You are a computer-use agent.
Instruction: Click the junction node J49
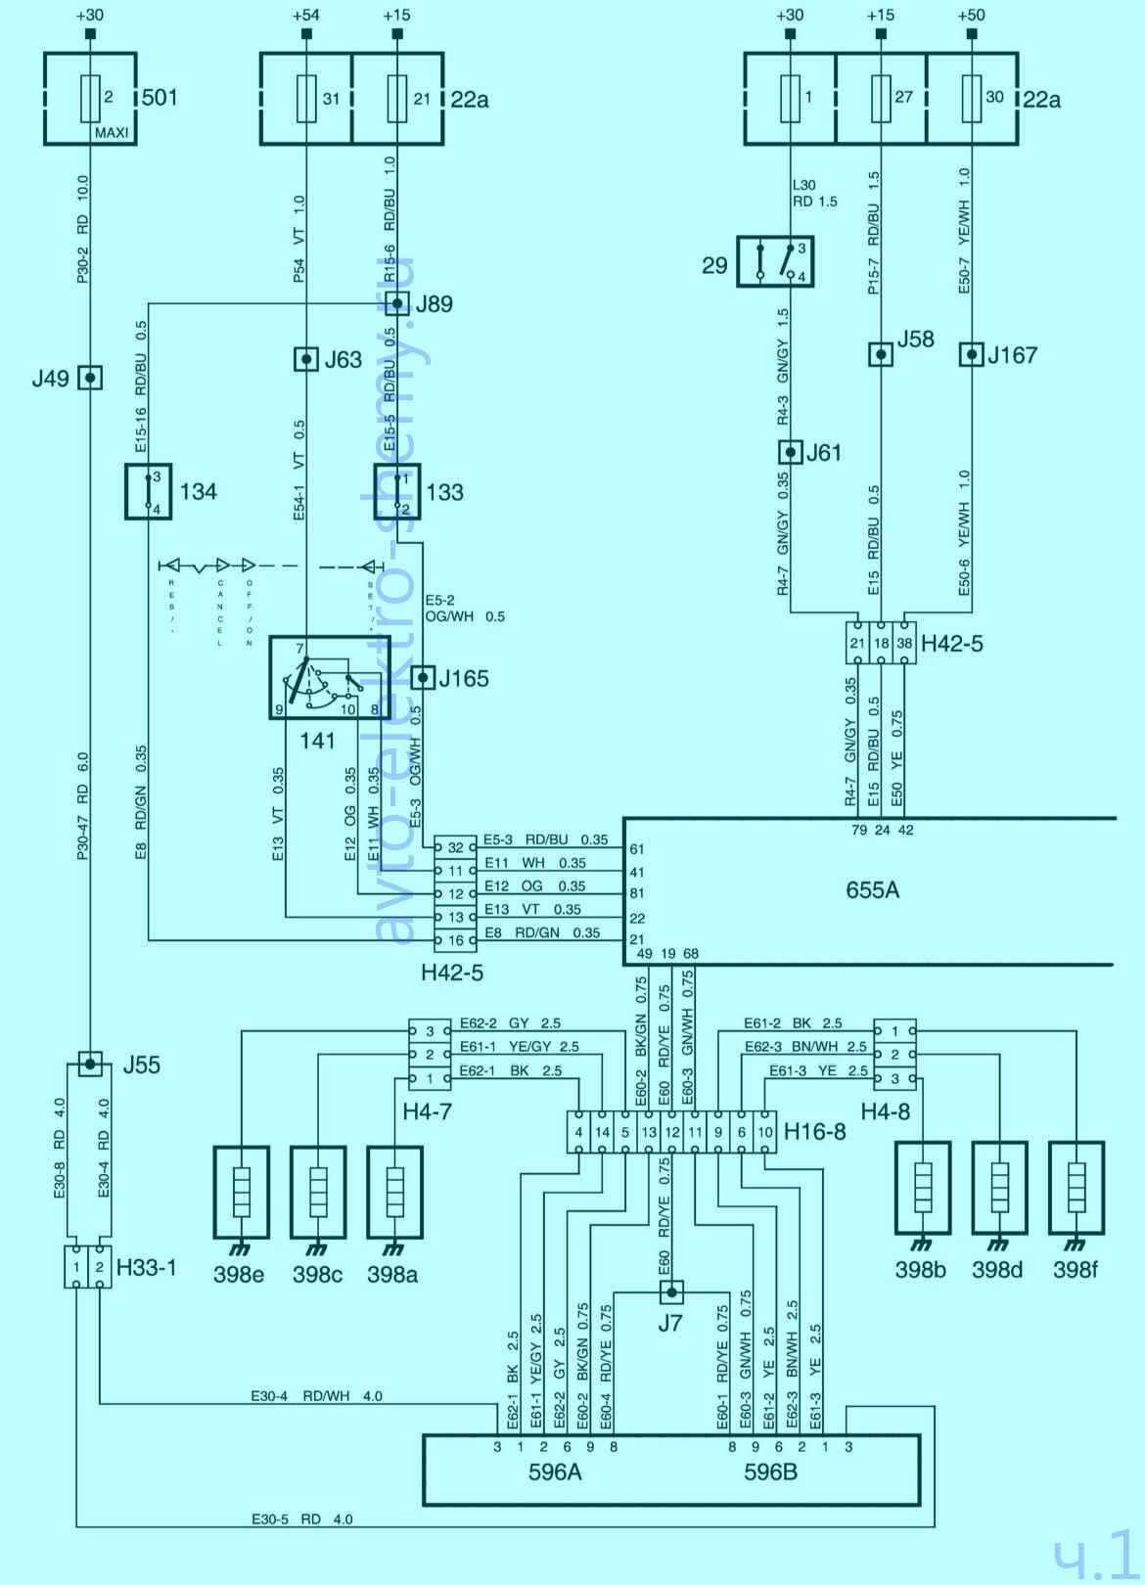click(90, 377)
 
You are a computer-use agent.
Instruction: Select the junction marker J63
click(306, 359)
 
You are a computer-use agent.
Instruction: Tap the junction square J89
click(396, 303)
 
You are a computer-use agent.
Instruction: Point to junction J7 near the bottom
click(670, 1292)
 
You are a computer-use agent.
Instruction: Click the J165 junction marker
click(423, 677)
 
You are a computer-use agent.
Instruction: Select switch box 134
click(149, 491)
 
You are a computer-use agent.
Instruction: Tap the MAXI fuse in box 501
click(90, 98)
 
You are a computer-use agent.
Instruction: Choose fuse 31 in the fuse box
click(306, 98)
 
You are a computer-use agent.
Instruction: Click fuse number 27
click(881, 98)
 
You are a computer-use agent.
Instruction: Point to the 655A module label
click(872, 890)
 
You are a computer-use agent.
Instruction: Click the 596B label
click(770, 1471)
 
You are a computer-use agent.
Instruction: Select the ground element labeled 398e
click(241, 1190)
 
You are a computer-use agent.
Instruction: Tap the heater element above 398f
click(1076, 1187)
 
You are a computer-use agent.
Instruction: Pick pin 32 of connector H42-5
click(455, 847)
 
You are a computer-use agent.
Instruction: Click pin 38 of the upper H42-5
click(904, 643)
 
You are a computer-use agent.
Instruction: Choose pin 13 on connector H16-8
click(649, 1132)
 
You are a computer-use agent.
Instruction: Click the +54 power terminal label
click(306, 15)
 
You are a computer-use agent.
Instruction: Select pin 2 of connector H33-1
click(100, 1267)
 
